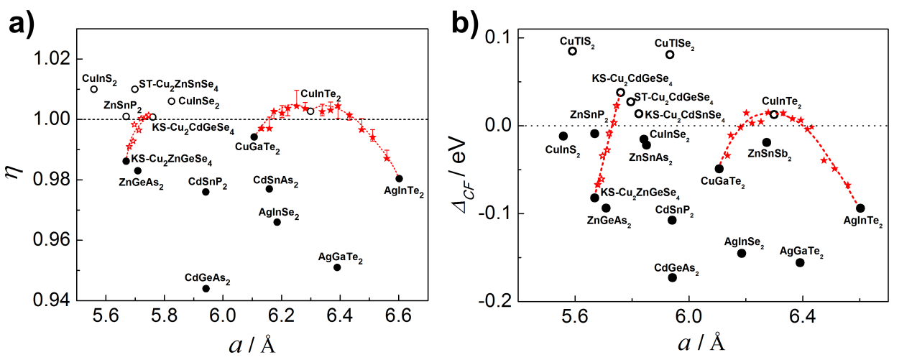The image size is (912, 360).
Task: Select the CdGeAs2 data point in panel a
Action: click(206, 288)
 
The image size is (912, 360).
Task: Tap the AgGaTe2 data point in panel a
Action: click(337, 267)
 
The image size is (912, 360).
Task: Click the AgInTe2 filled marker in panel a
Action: click(399, 178)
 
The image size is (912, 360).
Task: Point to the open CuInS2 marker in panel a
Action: click(94, 89)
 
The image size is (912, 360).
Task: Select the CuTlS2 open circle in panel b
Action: click(573, 51)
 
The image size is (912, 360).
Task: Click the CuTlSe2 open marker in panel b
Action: click(670, 55)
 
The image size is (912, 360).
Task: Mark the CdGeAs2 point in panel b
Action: click(673, 277)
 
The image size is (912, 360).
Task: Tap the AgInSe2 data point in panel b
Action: click(742, 253)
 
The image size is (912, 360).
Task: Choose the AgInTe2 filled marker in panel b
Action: click(860, 208)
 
